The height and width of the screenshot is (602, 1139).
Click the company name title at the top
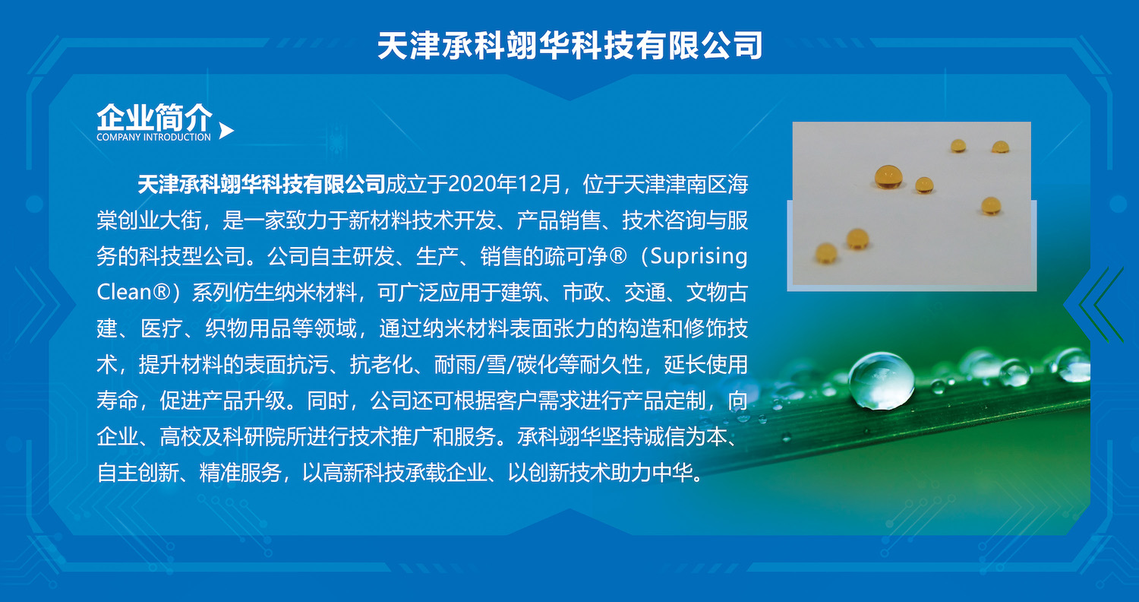[x=570, y=46]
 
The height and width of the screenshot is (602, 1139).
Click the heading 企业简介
[x=155, y=117]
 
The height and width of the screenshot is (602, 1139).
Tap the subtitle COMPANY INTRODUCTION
[x=153, y=137]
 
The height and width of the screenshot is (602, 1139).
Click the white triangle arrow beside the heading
[x=226, y=131]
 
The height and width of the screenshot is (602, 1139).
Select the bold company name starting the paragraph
[x=261, y=184]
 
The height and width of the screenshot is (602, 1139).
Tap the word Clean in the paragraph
[x=124, y=293]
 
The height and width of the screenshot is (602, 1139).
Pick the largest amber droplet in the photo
[x=888, y=176]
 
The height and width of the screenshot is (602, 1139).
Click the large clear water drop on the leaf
[x=881, y=381]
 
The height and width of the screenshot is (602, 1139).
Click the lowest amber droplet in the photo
[x=826, y=253]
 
